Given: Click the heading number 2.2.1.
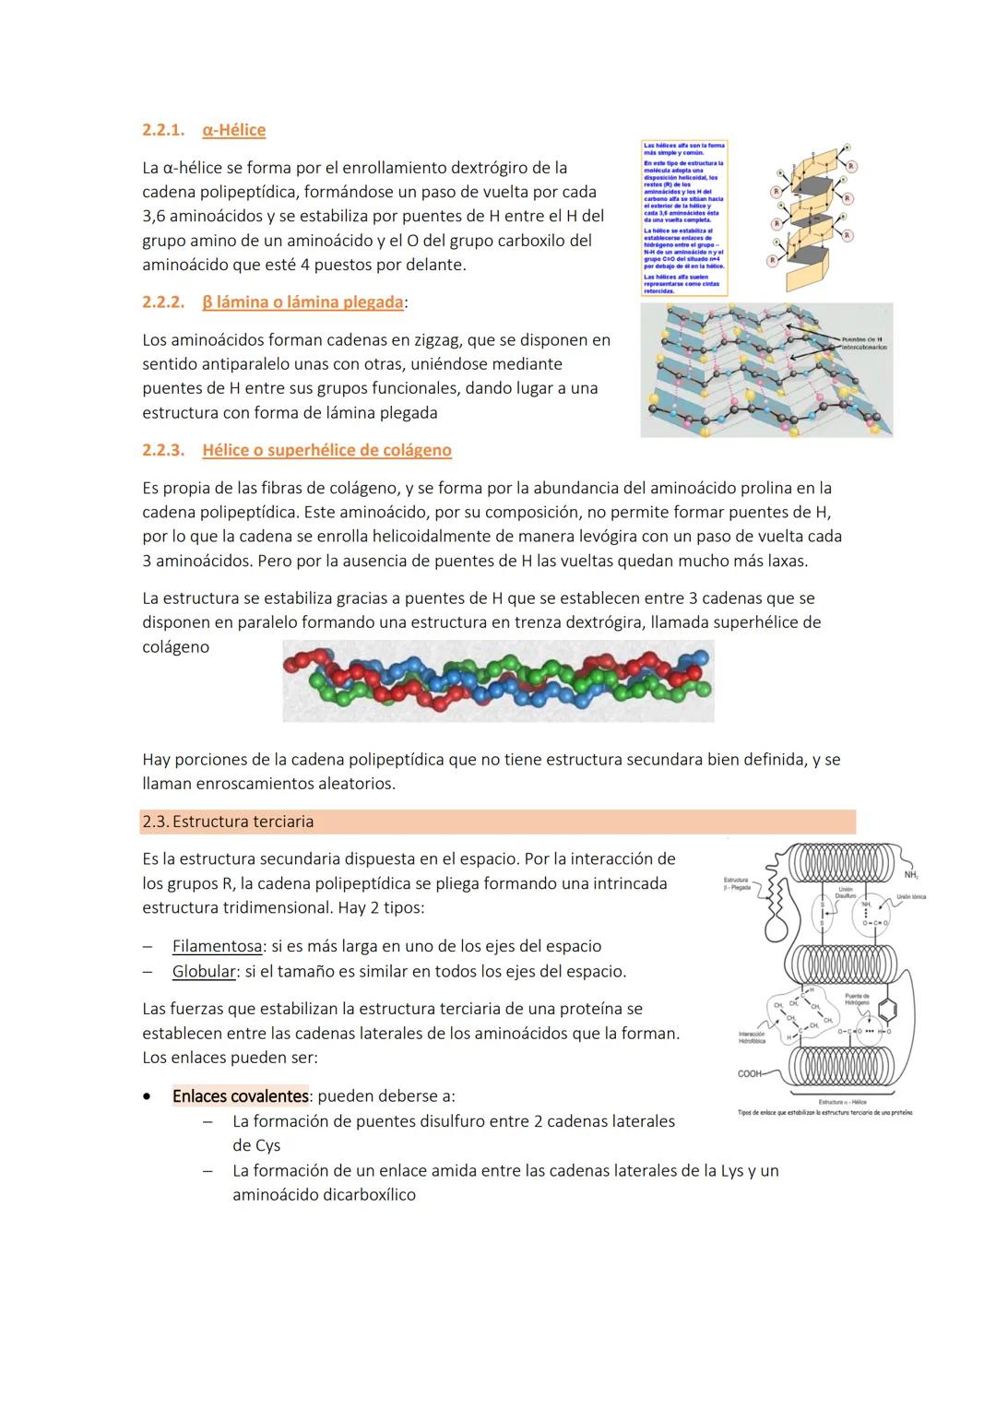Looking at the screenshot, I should pos(162,130).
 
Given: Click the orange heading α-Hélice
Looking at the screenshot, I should pos(233,130).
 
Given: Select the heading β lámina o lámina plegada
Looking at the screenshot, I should pos(302,302).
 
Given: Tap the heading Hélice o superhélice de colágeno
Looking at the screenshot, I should pos(326,450).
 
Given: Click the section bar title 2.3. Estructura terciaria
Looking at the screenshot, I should pos(228,822).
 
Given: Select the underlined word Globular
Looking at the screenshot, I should pos(204,971).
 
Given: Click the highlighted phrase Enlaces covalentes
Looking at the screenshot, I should pos(240,1096).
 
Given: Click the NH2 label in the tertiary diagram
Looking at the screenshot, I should pos(911,874).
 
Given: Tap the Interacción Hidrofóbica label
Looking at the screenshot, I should pos(752,1037).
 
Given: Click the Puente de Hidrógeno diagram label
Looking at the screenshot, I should pos(857,999).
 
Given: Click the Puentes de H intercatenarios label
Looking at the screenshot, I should pos(862,344).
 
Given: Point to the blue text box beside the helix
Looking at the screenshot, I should pos(683,218).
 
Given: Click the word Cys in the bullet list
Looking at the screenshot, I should pos(256,1146).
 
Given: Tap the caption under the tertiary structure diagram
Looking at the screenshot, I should pos(825,1112).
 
